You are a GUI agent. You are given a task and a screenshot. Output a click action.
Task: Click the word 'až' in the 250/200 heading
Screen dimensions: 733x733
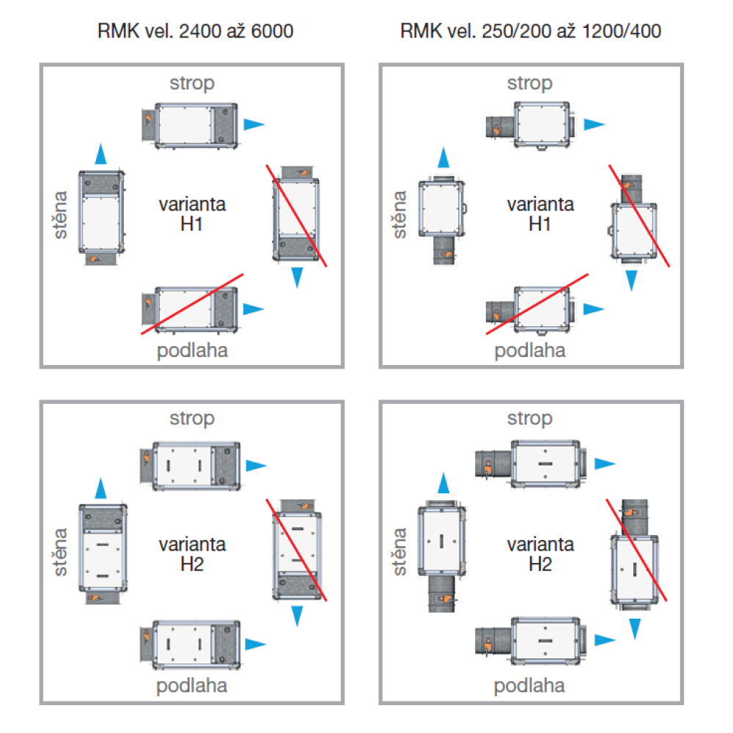(555, 32)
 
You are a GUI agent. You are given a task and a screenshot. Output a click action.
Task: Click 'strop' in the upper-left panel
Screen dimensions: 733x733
(192, 83)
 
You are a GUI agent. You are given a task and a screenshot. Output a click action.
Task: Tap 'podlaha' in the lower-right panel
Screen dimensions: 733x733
(529, 686)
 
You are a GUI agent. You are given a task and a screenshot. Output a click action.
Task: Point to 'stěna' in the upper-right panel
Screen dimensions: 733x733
(399, 214)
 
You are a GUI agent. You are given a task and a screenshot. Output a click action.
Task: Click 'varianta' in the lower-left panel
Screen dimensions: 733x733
(192, 545)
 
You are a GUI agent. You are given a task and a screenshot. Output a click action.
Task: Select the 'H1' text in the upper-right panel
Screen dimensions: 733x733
(539, 224)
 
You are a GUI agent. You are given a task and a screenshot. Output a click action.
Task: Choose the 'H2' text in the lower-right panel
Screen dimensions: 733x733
(539, 564)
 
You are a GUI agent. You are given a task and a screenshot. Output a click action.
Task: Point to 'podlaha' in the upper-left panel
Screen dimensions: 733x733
(192, 350)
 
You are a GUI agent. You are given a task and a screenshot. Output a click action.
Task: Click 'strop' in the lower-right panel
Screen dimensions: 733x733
(529, 419)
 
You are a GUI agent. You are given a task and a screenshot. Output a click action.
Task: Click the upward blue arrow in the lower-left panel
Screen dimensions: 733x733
(101, 489)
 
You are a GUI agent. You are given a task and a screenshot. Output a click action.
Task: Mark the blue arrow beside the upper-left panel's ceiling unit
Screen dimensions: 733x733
(254, 124)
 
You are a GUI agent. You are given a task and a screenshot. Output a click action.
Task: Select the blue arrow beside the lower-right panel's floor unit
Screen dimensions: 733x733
(604, 640)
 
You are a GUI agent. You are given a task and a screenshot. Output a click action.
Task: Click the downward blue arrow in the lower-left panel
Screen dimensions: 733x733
(298, 616)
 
